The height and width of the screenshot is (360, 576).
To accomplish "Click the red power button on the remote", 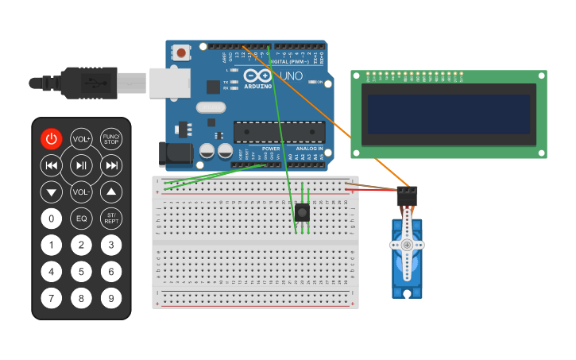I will tap(51, 139).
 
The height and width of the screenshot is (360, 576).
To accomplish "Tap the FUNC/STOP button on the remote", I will tap(111, 139).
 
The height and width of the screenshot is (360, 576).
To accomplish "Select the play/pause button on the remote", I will tap(81, 165).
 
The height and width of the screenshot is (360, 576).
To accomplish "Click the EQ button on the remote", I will tap(81, 218).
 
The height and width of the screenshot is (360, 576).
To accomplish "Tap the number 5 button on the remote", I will tap(81, 272).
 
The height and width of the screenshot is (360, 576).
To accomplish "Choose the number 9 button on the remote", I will tap(111, 299).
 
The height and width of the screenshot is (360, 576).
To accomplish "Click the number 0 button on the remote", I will tap(51, 218).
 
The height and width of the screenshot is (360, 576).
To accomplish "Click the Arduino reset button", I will tap(182, 53).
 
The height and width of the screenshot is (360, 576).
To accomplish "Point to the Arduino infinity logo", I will tap(263, 76).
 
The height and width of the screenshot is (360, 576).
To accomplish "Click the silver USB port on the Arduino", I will tap(170, 83).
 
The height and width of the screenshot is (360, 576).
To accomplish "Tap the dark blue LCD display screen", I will tap(446, 114).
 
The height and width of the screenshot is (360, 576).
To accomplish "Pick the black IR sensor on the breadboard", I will tap(302, 212).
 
